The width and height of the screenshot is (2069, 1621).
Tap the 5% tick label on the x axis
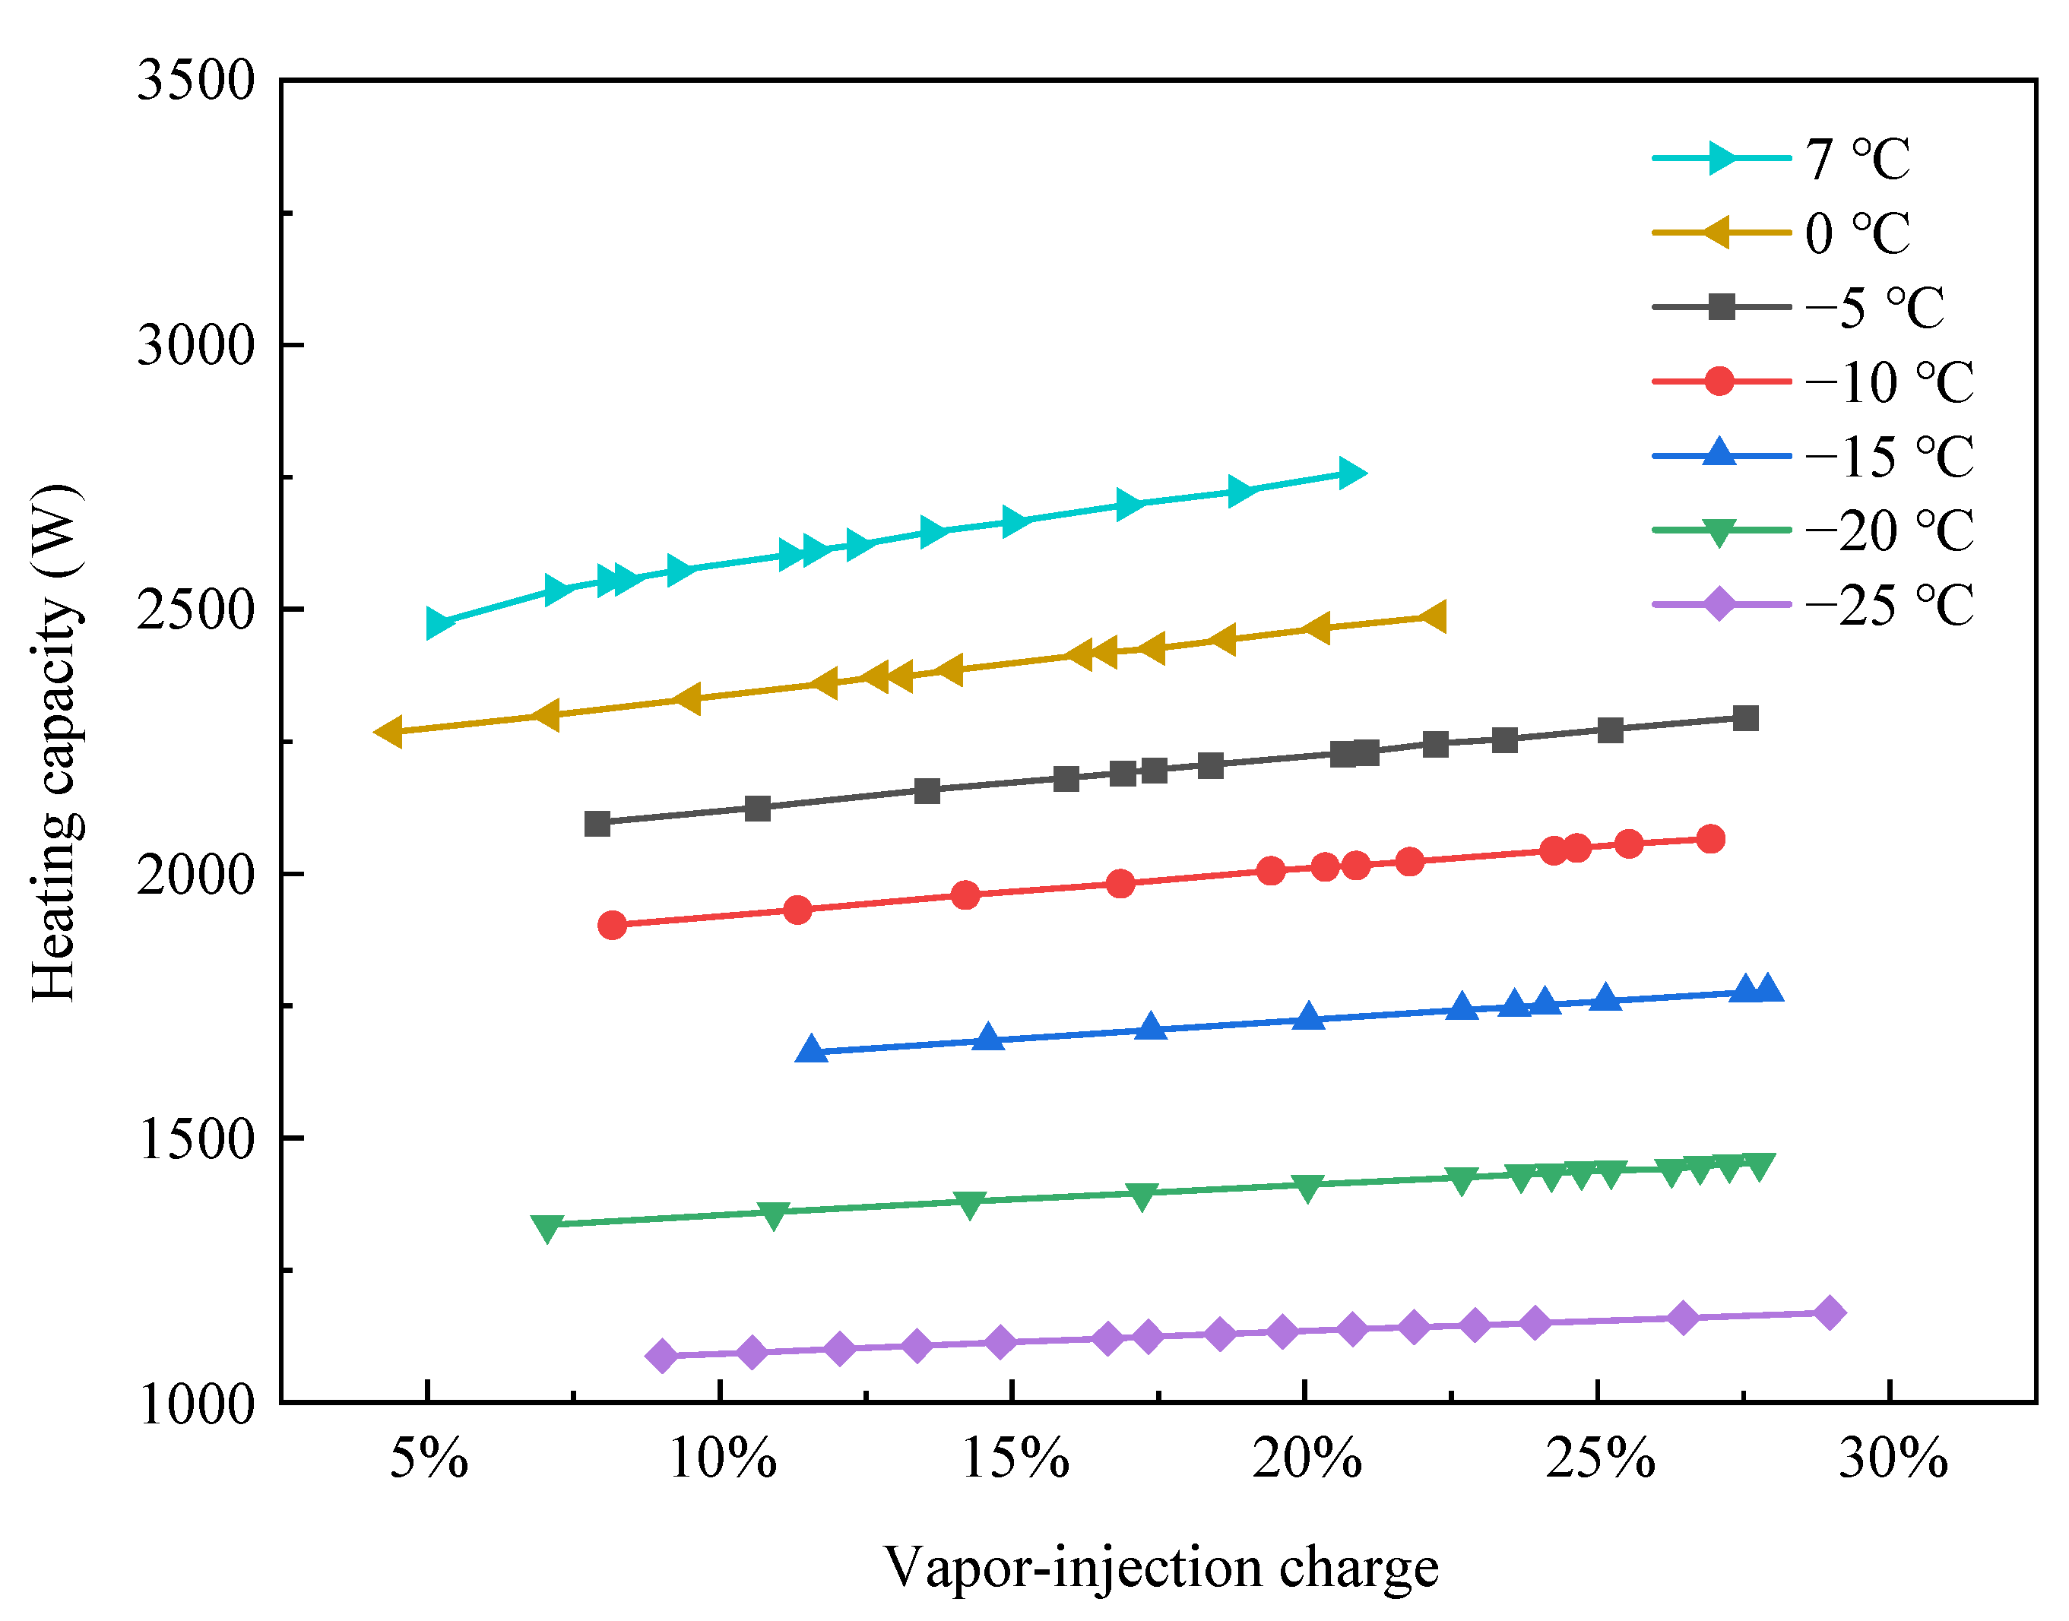coord(429,1458)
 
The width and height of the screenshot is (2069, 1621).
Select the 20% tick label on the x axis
coord(1307,1458)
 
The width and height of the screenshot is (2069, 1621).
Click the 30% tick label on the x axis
coord(1893,1458)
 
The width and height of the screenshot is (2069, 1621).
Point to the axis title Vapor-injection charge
coord(1161,1568)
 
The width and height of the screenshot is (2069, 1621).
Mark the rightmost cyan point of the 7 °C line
coord(1351,473)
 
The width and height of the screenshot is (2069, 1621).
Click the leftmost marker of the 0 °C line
coord(388,732)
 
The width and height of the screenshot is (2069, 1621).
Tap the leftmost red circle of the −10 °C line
coord(612,924)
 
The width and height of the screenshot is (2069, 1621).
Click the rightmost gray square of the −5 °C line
coord(1745,718)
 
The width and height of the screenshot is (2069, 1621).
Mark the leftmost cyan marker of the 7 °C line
coord(439,623)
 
